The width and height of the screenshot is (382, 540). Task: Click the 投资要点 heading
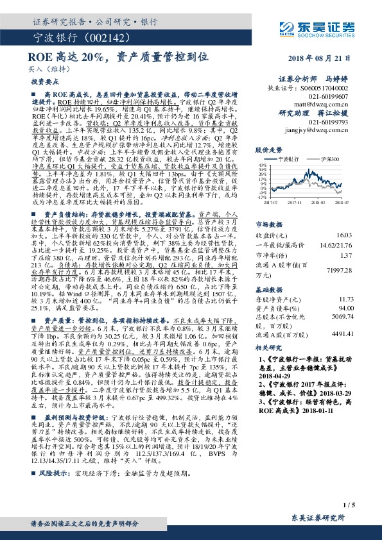[41, 83]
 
